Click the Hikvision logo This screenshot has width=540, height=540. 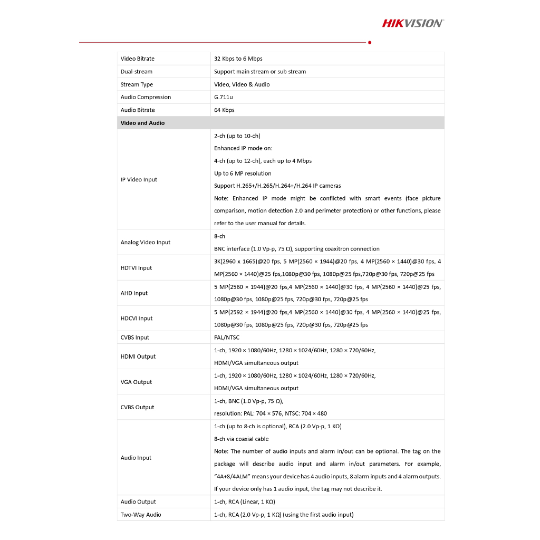(412, 23)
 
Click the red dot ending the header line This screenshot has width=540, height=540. (370, 42)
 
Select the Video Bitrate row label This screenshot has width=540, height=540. (138, 59)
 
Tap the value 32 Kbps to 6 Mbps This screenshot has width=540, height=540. (238, 59)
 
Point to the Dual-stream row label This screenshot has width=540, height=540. (137, 72)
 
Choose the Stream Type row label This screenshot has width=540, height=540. (137, 84)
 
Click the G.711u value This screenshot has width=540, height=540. (224, 97)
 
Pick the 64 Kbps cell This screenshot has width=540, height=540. (225, 110)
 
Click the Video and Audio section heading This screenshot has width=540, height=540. (143, 123)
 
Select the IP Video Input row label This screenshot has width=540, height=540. (139, 180)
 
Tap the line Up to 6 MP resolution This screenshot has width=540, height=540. (243, 173)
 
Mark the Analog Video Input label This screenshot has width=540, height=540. (146, 243)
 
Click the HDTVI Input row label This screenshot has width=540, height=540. (136, 268)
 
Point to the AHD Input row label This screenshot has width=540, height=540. (134, 293)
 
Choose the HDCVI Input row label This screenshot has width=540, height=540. (137, 319)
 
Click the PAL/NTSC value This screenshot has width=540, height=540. (227, 337)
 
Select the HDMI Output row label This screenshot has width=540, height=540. (138, 356)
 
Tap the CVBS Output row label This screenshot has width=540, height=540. (138, 407)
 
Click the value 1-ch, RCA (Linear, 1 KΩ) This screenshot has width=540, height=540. (245, 502)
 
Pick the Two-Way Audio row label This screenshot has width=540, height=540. (141, 515)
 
